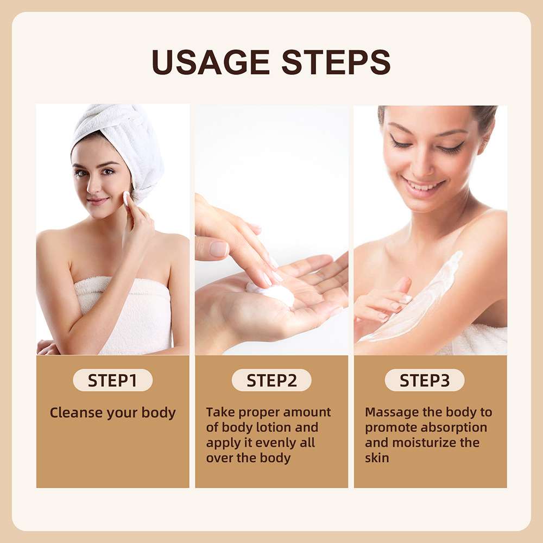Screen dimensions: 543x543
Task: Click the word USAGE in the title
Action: (x=211, y=62)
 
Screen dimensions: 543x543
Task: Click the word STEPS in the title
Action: (x=336, y=62)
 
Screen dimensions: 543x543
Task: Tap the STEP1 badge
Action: (x=112, y=380)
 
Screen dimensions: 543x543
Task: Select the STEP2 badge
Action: (x=271, y=380)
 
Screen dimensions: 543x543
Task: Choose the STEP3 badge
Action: (x=425, y=380)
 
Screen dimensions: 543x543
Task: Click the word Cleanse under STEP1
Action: (x=76, y=413)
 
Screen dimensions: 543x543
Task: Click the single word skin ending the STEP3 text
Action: (x=377, y=458)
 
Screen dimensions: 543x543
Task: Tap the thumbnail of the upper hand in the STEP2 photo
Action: (x=219, y=249)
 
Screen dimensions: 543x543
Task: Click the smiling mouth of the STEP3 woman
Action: (x=422, y=186)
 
